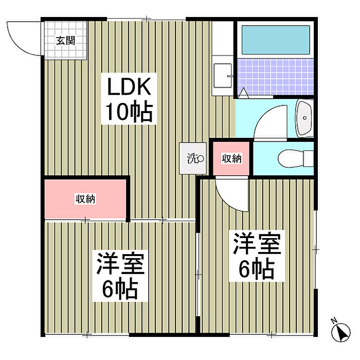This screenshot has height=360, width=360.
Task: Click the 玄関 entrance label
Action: point(66,41)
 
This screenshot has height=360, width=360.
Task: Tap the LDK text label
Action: point(129,86)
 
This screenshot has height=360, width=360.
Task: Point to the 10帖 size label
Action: point(129,111)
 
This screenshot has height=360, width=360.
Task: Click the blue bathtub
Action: point(276,40)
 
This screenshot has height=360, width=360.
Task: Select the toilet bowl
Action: point(295,158)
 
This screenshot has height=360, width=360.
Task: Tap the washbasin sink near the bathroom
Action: point(304,118)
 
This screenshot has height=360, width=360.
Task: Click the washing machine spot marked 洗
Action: point(193,158)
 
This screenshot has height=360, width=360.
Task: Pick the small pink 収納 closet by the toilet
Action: point(231,158)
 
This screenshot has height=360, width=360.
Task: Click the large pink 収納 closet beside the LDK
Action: point(85,199)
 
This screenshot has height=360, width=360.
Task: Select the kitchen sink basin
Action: point(223,76)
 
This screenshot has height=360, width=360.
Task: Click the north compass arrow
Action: point(341,333)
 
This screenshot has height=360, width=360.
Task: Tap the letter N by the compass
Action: point(334,320)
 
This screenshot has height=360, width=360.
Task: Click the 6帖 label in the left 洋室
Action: point(120,289)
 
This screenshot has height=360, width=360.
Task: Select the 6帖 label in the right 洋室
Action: point(257,268)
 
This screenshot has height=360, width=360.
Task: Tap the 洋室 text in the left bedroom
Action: point(120,263)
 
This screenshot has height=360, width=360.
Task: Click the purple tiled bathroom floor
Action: point(276,77)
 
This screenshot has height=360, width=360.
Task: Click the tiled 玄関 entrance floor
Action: point(65,41)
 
